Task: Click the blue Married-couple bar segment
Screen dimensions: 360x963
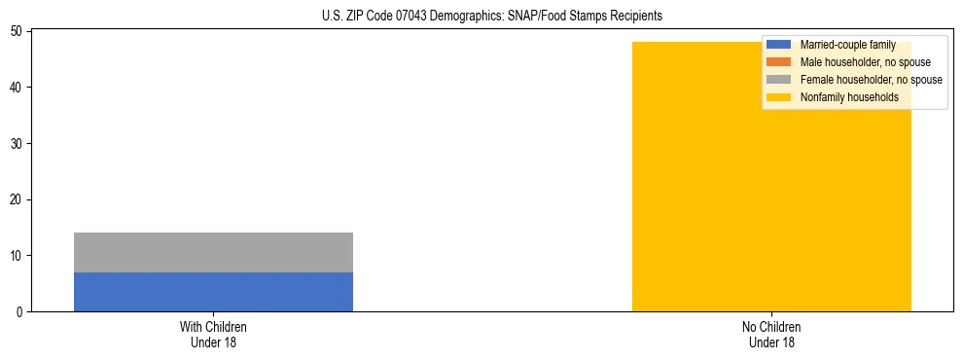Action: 213,292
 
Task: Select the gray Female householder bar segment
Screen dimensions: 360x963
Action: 213,253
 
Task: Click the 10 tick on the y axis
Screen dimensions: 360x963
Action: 18,256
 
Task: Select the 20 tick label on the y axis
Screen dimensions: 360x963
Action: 18,199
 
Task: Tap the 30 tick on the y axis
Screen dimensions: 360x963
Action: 18,144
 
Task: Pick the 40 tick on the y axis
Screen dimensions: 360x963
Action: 18,88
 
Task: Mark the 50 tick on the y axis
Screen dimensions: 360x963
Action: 18,32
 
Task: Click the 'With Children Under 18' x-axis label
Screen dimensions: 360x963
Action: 213,334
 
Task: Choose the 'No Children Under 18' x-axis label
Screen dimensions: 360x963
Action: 771,334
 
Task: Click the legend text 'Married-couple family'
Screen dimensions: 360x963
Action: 847,45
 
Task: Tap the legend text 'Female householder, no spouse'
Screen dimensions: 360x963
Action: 871,80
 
